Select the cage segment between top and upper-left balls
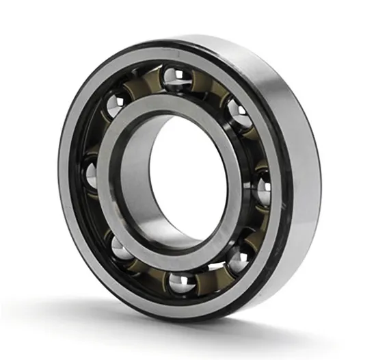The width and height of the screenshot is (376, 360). (140, 86)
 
